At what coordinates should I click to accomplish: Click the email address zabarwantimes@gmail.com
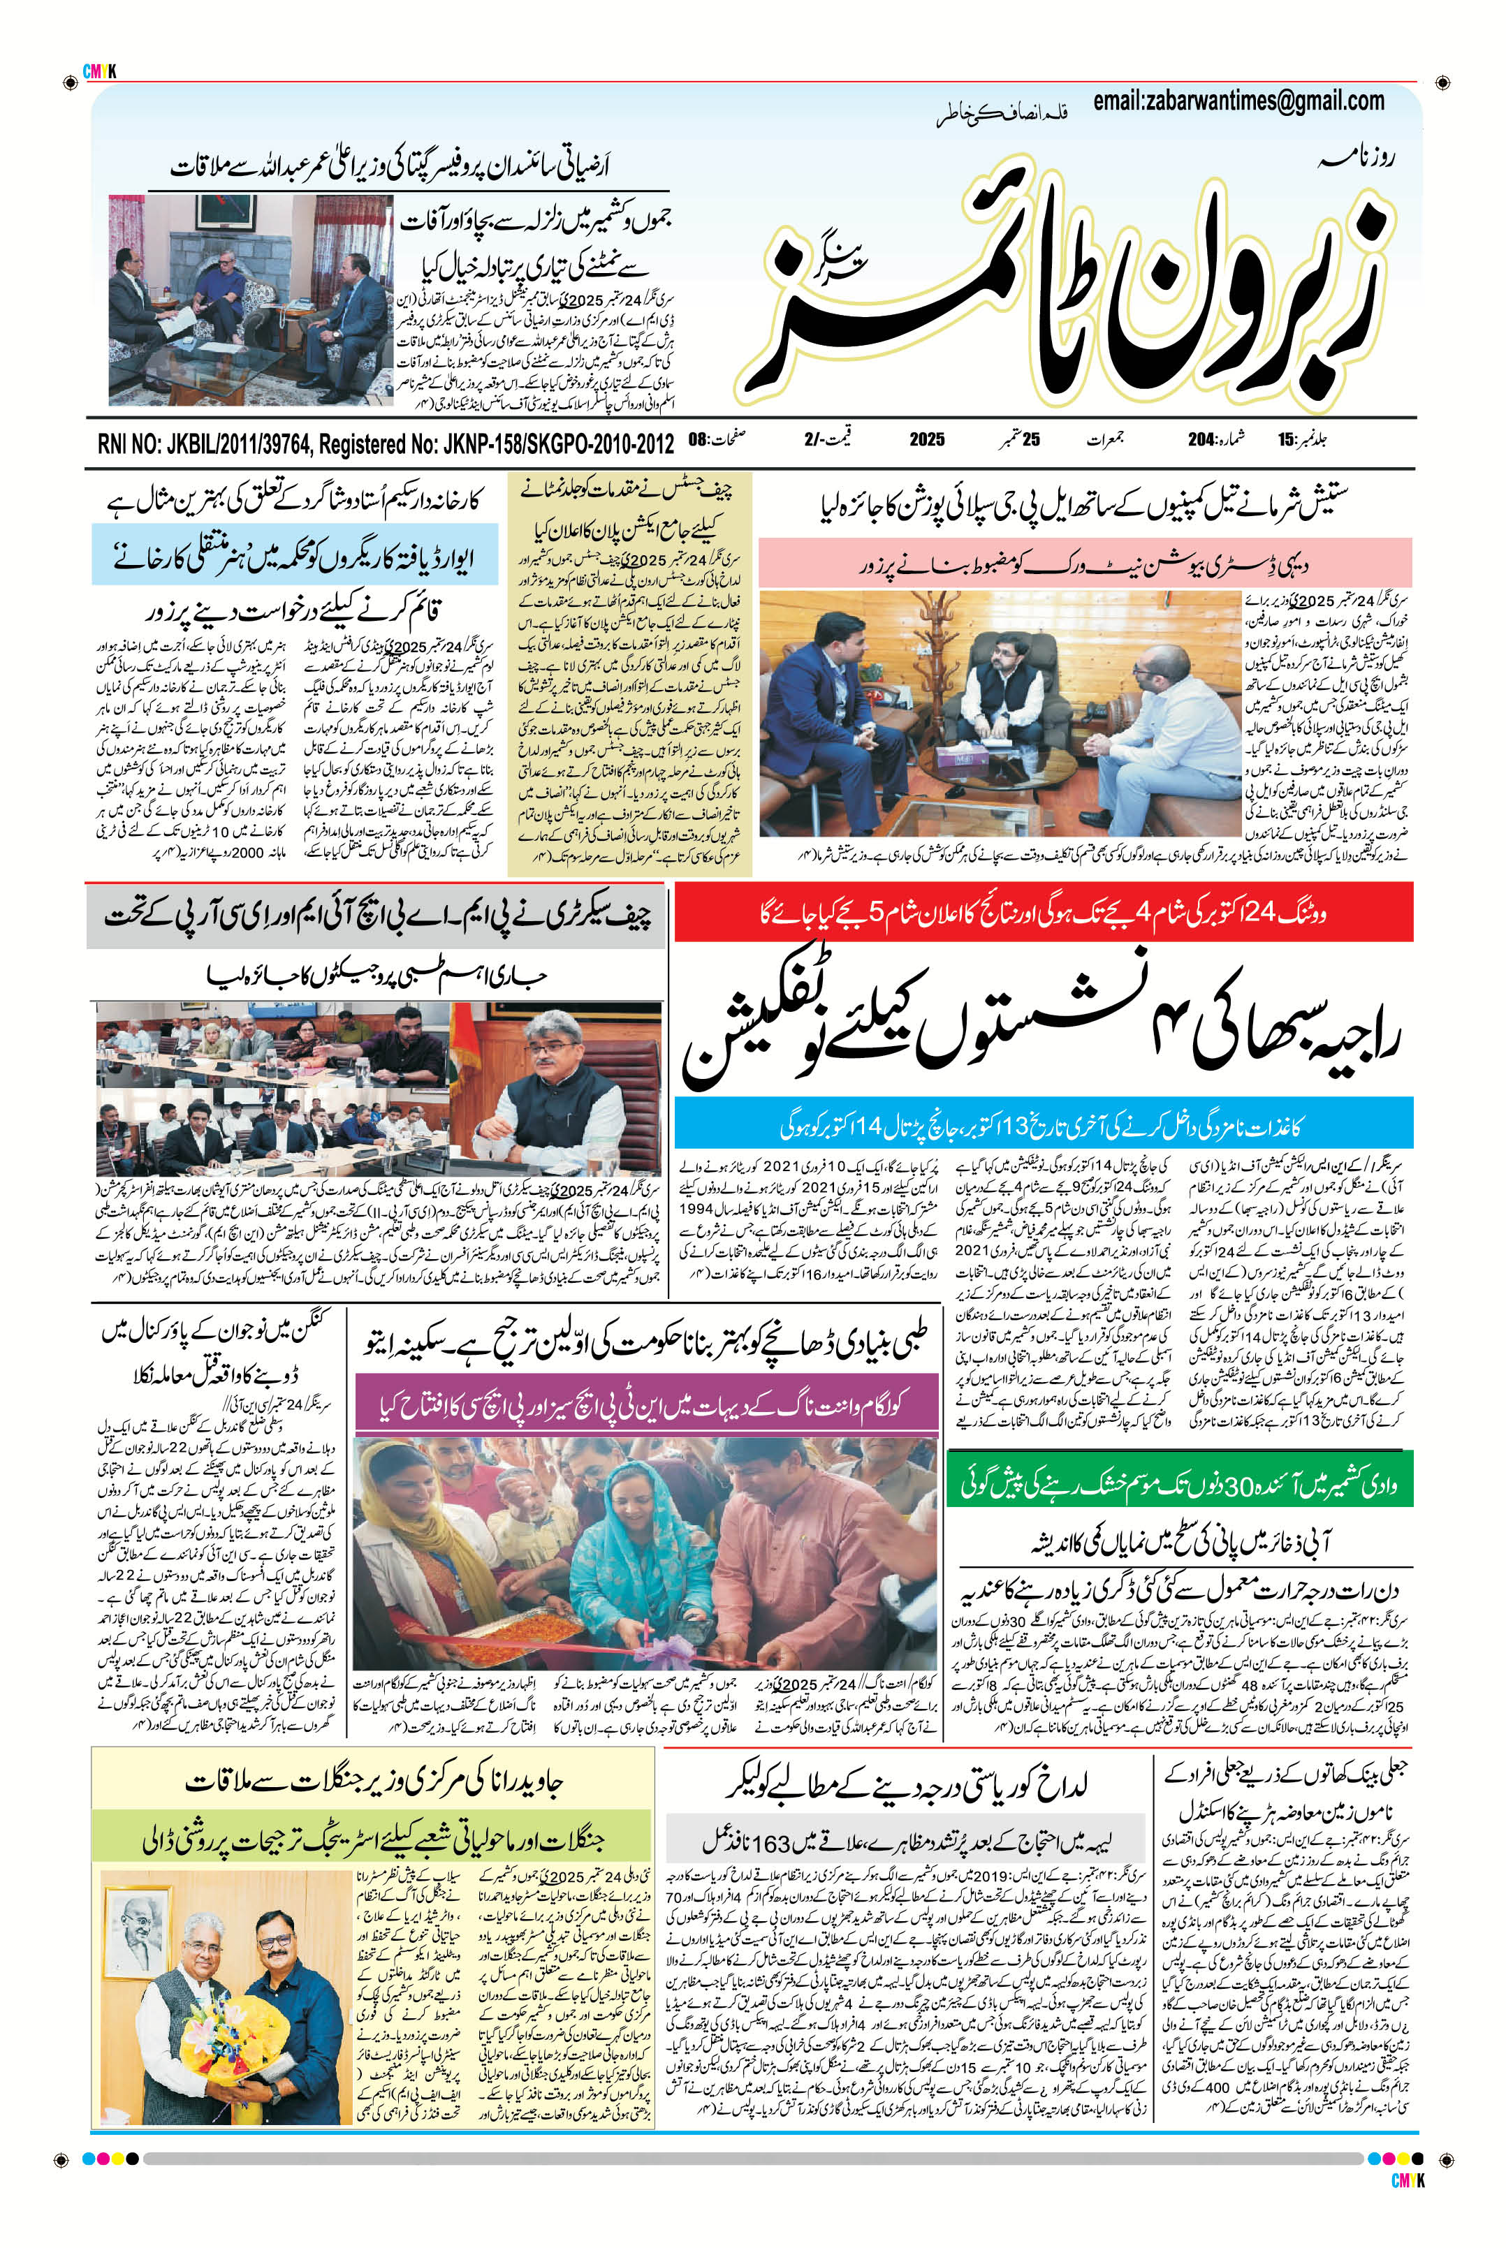click(1238, 101)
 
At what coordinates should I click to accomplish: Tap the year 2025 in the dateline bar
click(927, 440)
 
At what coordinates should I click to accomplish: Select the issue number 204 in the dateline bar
click(1201, 440)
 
